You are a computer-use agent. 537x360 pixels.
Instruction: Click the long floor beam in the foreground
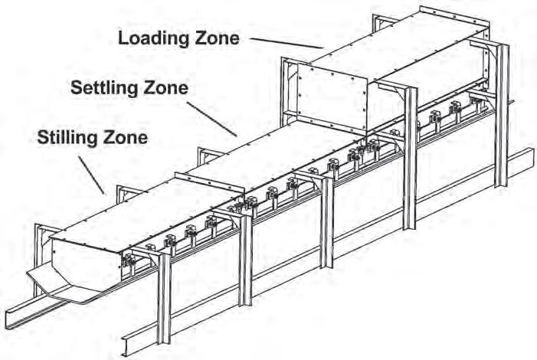[x=306, y=253]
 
